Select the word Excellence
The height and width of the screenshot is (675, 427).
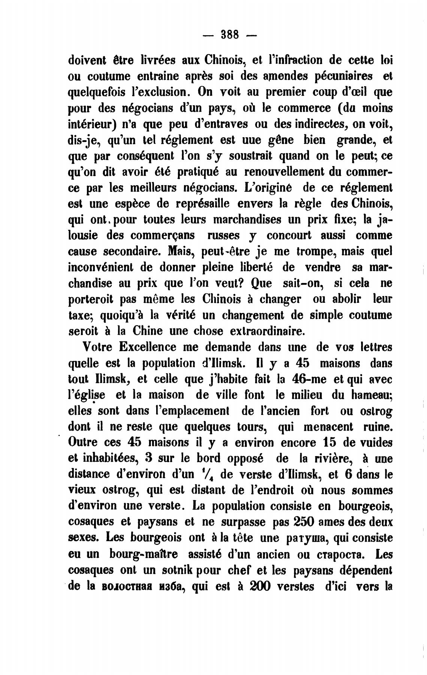tap(147, 347)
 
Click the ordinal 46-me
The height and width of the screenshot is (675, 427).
tap(311, 379)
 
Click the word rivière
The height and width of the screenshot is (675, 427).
tap(331, 459)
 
